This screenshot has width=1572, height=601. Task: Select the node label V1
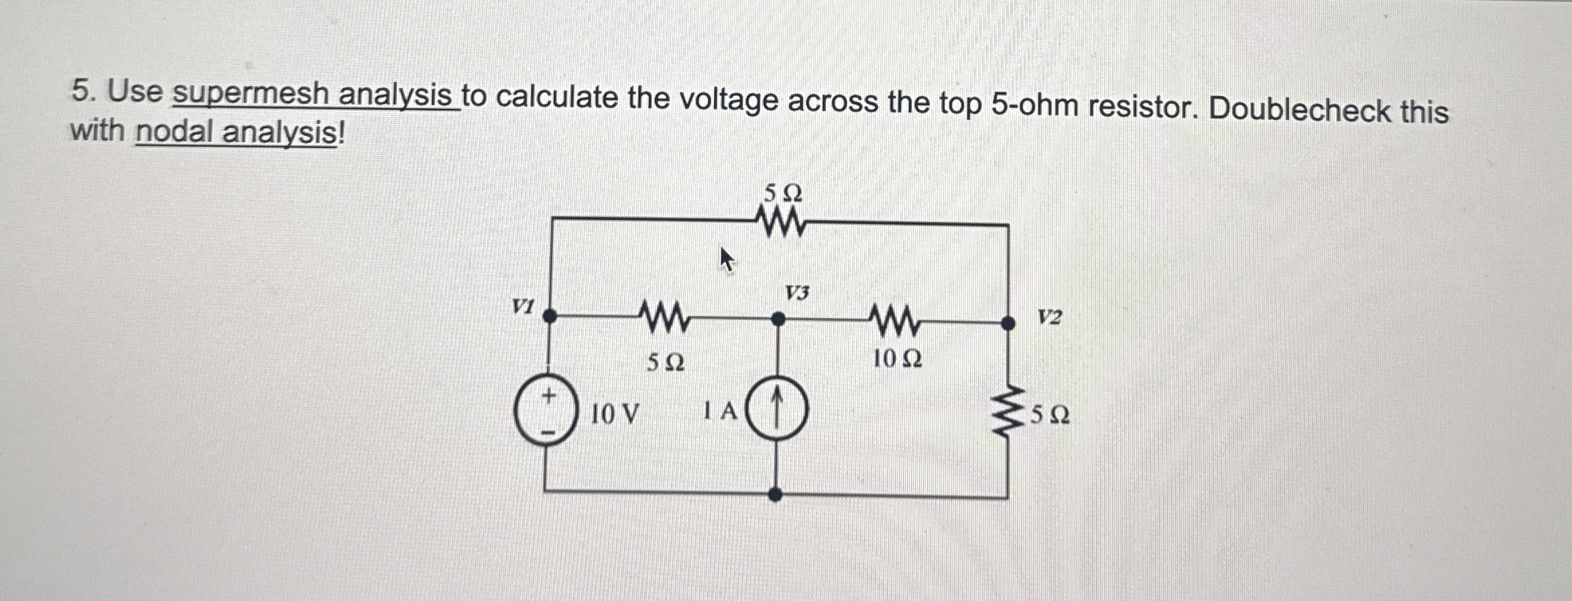tap(523, 307)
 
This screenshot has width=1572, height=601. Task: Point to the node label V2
tap(1049, 317)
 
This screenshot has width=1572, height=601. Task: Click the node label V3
tap(797, 292)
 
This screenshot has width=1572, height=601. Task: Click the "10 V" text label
tap(614, 415)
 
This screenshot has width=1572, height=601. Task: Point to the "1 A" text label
tap(721, 411)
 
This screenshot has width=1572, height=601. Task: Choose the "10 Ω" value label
tap(897, 360)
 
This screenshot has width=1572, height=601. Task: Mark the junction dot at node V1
tap(550, 315)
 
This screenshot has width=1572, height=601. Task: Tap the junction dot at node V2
tap(1008, 323)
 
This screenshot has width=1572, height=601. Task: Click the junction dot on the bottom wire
tap(776, 495)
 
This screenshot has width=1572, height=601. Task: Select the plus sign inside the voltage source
tap(549, 396)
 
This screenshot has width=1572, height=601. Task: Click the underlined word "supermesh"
tap(252, 95)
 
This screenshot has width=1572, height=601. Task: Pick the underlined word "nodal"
tap(176, 131)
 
